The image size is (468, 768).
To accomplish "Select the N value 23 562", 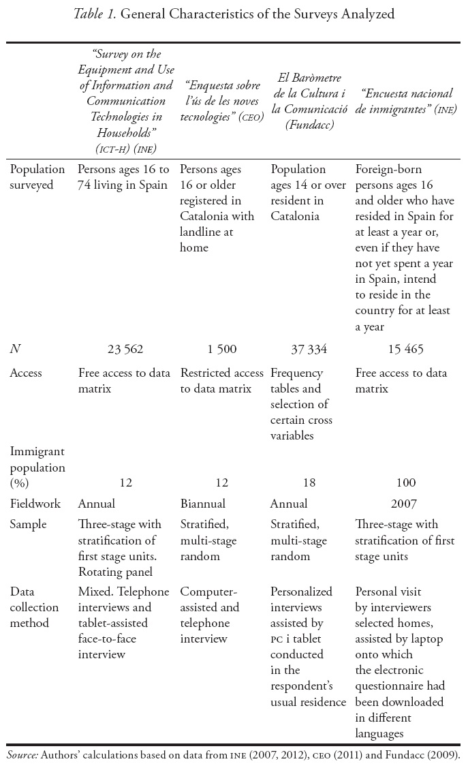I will [x=125, y=350].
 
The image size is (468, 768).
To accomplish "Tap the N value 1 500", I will [x=222, y=350].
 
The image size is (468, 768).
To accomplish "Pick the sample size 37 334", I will [x=309, y=350].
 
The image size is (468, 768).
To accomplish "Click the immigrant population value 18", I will [x=309, y=483].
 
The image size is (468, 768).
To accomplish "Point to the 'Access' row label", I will [x=25, y=373].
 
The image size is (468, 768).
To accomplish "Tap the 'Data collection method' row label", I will [x=34, y=607].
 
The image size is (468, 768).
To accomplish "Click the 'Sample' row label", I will [x=27, y=525].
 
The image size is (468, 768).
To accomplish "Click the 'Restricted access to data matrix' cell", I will [x=221, y=381].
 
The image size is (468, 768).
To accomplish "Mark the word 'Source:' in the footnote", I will [x=22, y=755].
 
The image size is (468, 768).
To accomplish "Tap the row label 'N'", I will [x=14, y=350].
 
